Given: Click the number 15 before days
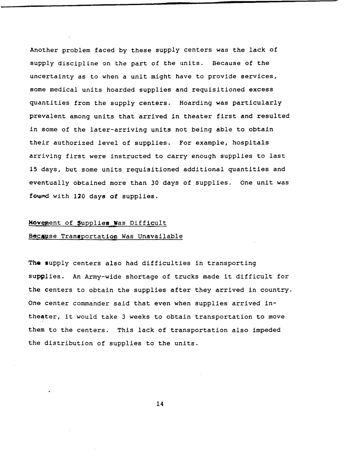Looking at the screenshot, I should click(33, 169).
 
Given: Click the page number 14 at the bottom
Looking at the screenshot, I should click(160, 404).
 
